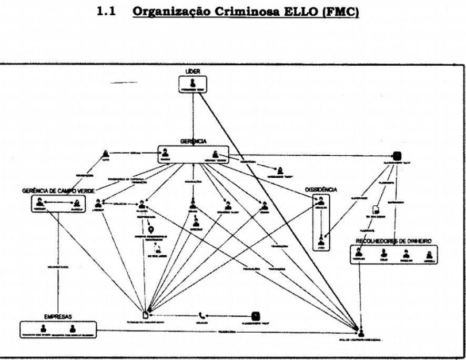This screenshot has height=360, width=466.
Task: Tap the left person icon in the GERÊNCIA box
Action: coord(165,153)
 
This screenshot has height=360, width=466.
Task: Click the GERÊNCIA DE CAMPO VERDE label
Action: coord(54,190)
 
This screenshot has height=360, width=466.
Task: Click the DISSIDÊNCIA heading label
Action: coord(321,189)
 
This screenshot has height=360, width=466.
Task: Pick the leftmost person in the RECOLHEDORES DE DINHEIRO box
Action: coord(359,254)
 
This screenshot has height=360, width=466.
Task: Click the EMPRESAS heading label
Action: coord(58,317)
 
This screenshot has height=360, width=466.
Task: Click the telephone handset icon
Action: coord(202,316)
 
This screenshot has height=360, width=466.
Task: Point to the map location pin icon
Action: coord(151,229)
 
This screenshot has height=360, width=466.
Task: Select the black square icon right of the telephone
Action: coord(255,316)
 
